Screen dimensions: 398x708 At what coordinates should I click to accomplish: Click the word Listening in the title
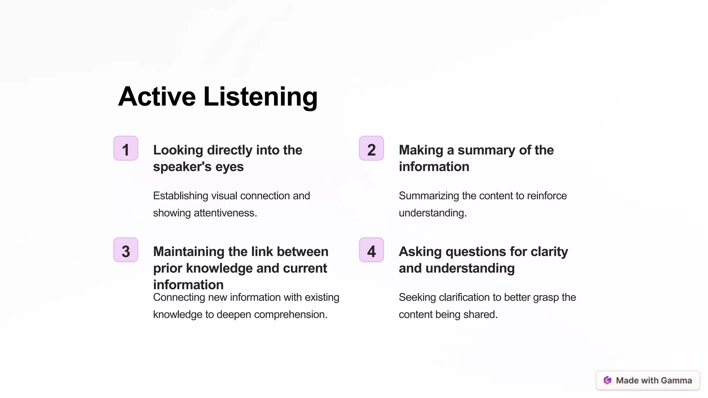tap(260, 97)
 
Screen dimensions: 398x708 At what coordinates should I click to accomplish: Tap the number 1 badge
tap(126, 149)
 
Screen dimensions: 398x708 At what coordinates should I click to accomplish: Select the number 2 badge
tap(371, 149)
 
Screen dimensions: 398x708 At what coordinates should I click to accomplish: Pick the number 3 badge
tap(126, 250)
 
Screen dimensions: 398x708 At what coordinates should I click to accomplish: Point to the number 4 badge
tap(371, 250)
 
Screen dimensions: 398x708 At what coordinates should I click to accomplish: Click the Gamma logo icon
tap(607, 380)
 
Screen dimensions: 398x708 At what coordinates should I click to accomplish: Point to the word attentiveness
tap(225, 213)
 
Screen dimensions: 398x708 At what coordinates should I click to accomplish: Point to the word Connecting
tap(177, 297)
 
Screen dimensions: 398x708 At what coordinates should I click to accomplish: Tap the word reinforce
tap(547, 196)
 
